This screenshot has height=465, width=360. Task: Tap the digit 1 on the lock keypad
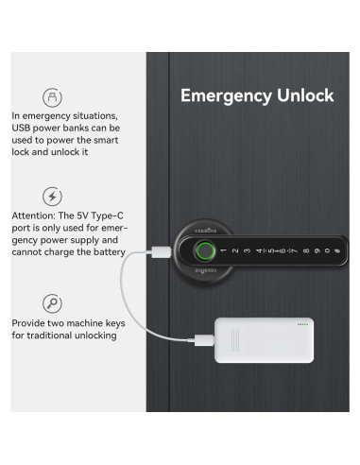tap(224, 251)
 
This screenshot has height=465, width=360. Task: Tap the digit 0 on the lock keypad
tap(327, 250)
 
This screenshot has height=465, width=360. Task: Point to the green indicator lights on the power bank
tap(302, 325)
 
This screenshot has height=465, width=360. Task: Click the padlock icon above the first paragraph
tap(53, 97)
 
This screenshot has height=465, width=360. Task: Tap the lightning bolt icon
tap(53, 197)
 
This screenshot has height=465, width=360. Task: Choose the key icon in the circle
tap(53, 303)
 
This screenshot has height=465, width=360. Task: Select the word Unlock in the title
tap(304, 96)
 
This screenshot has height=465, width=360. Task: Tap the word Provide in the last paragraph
tap(30, 323)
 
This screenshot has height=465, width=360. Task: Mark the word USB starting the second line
tap(22, 127)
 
